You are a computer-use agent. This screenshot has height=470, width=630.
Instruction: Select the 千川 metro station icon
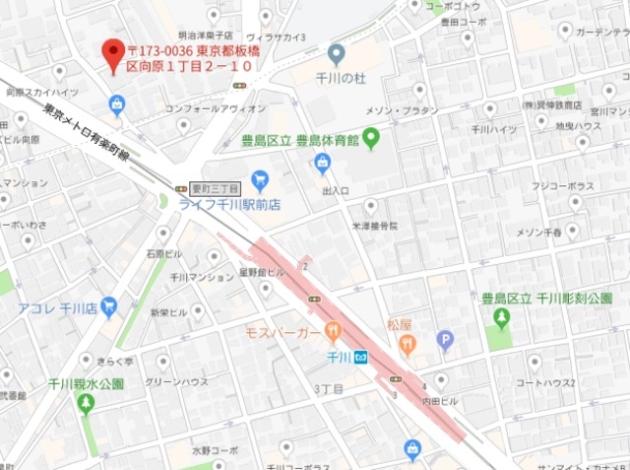(361, 358)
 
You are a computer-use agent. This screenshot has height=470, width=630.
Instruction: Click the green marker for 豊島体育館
(371, 140)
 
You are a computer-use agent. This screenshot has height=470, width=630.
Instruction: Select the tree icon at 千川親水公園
(86, 403)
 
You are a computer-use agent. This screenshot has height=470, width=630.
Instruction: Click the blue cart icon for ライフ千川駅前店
(260, 179)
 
